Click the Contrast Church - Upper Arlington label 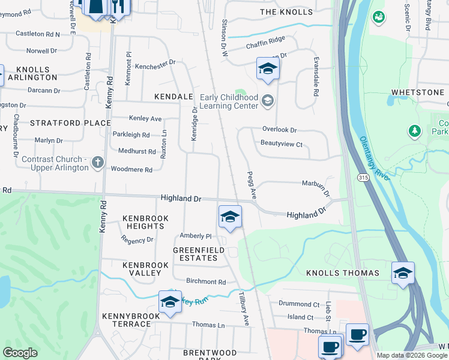pyautogui.click(x=55, y=163)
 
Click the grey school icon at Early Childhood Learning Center pyautogui.click(x=268, y=101)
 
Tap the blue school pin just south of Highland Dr pyautogui.click(x=229, y=217)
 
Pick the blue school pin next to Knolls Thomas pyautogui.click(x=403, y=273)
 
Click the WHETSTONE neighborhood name pyautogui.click(x=418, y=92)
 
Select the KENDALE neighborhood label pyautogui.click(x=173, y=96)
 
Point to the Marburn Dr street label pyautogui.click(x=316, y=188)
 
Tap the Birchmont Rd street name pyautogui.click(x=206, y=282)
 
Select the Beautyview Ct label pyautogui.click(x=282, y=144)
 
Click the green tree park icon pyautogui.click(x=414, y=130)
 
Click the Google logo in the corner pyautogui.click(x=20, y=353)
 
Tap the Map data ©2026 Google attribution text pyautogui.click(x=412, y=355)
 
